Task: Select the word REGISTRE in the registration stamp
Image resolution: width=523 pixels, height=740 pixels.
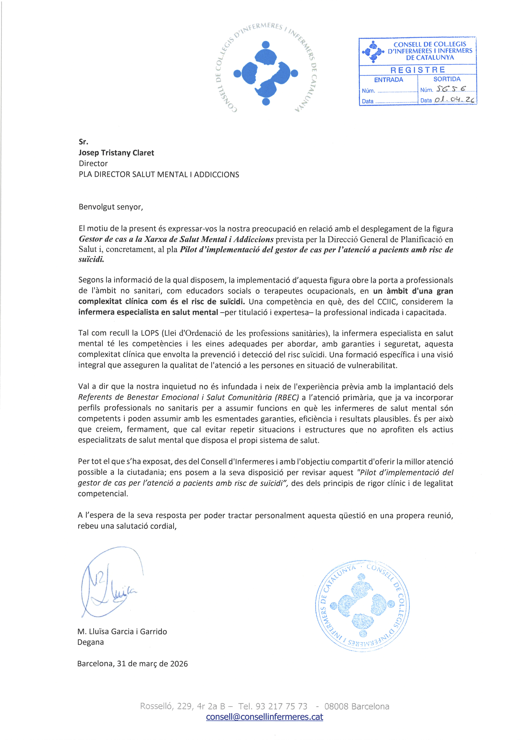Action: (x=418, y=70)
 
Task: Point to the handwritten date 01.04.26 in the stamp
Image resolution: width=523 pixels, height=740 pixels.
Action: (x=454, y=100)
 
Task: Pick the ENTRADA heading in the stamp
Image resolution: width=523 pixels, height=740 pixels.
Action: (x=388, y=80)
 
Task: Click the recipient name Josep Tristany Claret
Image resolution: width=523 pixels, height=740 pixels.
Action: (x=116, y=153)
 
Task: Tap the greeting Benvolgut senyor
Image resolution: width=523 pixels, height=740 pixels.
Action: (x=111, y=207)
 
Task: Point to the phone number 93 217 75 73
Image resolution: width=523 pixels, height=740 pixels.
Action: (x=282, y=706)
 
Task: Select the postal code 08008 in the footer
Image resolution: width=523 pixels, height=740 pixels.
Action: (x=336, y=706)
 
